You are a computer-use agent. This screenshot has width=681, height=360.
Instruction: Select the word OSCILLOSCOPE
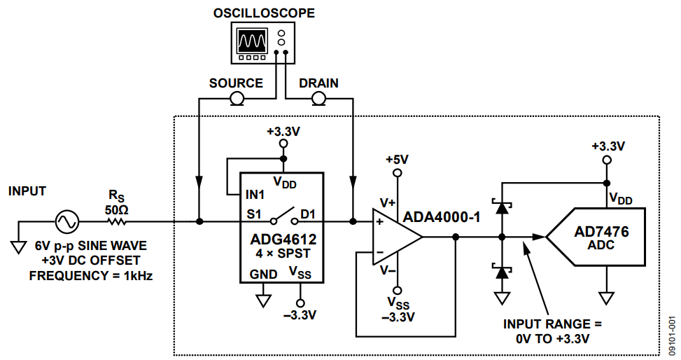[264, 13]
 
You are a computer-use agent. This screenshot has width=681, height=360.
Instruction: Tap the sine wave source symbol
[69, 222]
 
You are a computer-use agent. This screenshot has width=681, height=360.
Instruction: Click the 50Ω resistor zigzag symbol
[118, 222]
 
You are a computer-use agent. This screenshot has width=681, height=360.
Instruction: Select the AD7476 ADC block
[596, 237]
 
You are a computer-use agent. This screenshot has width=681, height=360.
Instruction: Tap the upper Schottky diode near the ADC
[501, 207]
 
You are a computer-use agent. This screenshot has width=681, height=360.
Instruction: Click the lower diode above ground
[501, 272]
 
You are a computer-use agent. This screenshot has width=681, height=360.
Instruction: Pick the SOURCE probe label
[236, 83]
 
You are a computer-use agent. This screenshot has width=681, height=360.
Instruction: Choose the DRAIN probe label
[318, 83]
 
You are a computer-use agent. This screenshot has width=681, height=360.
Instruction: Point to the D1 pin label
[309, 214]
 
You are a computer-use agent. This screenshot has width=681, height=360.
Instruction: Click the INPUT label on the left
[27, 191]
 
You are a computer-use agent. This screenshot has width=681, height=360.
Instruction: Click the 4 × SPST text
[282, 254]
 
